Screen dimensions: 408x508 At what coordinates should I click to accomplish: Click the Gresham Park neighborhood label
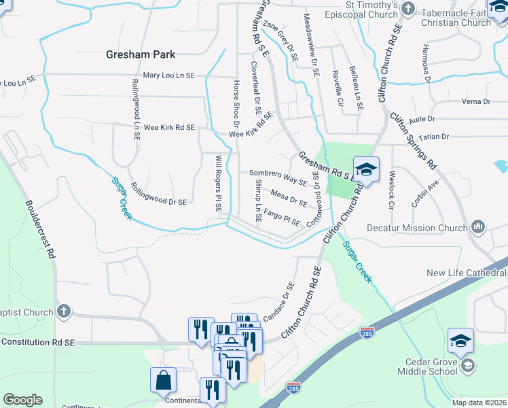pyautogui.click(x=141, y=54)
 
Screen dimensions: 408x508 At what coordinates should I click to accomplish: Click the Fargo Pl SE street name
pyautogui.click(x=282, y=218)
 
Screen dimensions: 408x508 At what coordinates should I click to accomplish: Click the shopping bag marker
pyautogui.click(x=164, y=381)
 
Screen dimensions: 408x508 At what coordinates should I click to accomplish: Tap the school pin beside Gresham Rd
pyautogui.click(x=366, y=170)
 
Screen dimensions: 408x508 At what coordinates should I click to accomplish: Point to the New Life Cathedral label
pyautogui.click(x=467, y=273)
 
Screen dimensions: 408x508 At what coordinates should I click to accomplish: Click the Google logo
pyautogui.click(x=22, y=400)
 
